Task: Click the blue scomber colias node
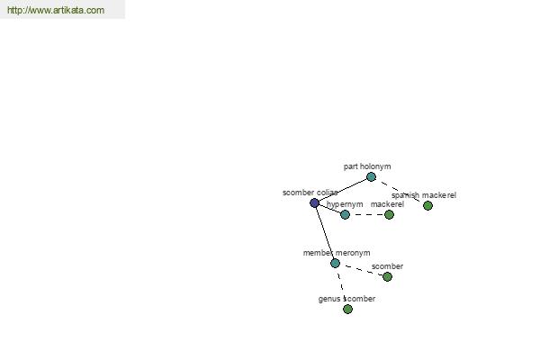(314, 202)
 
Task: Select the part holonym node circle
(371, 176)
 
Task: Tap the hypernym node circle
(345, 214)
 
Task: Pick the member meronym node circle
(335, 263)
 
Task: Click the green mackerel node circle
(389, 214)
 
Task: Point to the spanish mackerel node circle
(427, 206)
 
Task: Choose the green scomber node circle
(387, 276)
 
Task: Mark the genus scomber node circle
(347, 309)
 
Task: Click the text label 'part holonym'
(367, 166)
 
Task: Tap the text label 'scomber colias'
(310, 193)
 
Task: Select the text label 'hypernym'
(345, 204)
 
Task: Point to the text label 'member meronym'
(337, 253)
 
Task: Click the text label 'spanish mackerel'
(424, 195)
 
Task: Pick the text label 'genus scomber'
(346, 299)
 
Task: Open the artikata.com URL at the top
(56, 10)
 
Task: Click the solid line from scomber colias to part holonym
(343, 190)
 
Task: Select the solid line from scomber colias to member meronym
(325, 233)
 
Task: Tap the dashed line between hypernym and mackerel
(367, 214)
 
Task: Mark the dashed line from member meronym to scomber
(361, 270)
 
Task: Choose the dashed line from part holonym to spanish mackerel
(400, 191)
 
